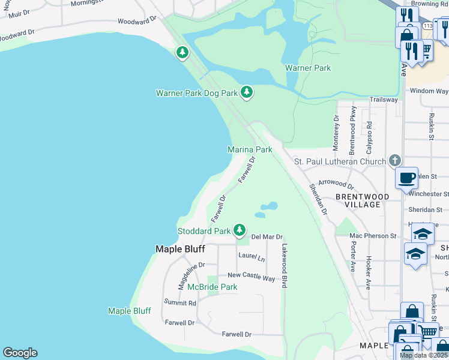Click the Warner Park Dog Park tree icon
coord(246,92)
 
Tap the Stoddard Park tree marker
coord(240,230)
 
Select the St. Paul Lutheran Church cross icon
coord(394,161)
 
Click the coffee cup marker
coord(406,178)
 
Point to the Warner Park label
coord(308,68)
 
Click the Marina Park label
coord(250,149)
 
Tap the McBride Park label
coord(212,287)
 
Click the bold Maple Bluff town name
coord(181,248)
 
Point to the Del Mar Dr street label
coord(267,237)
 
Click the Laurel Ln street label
coord(252,257)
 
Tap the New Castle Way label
coord(251,277)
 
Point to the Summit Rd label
coord(180,303)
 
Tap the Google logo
coord(20,353)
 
